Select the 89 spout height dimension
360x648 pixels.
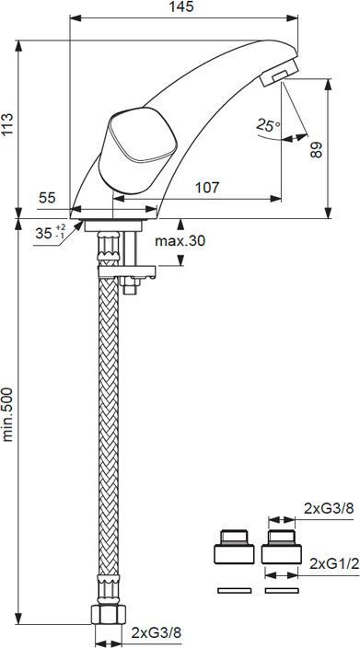pos(316,149)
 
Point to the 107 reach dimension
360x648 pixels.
pos(206,188)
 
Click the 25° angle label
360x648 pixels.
pos(268,124)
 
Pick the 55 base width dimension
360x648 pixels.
pos(47,198)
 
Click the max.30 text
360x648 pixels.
pos(180,241)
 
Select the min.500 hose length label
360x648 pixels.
pos(7,414)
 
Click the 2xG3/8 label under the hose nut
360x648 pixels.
pos(157,632)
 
